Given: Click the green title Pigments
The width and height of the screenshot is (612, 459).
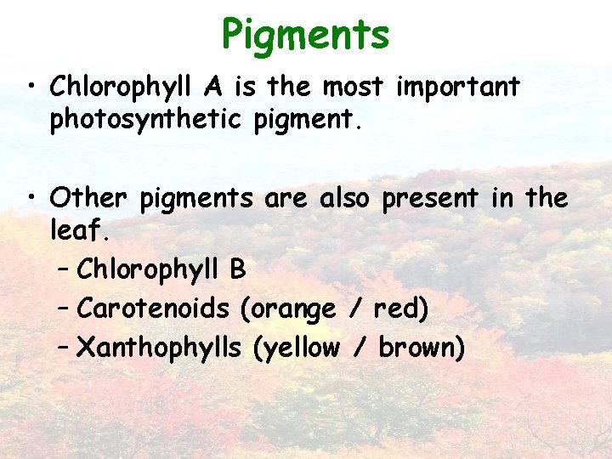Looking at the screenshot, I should point(305,36).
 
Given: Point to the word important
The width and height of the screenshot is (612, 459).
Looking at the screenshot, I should point(459,88).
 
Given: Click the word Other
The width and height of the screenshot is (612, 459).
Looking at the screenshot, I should point(88,198).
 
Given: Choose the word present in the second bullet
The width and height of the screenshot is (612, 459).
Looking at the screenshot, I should point(431,199).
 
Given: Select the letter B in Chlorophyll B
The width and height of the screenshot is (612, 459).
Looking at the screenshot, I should point(237,269).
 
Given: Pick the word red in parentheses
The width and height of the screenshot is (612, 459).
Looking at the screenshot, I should point(399,308).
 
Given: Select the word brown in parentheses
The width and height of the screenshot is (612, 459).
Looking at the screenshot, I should point(420,347).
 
